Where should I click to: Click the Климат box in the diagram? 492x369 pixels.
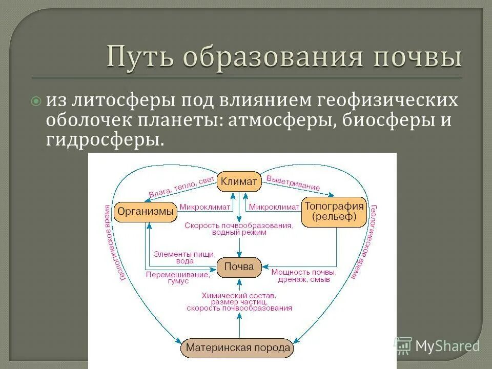(x=239, y=181)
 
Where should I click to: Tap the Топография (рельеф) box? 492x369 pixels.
(x=334, y=212)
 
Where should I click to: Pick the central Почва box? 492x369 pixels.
(x=239, y=266)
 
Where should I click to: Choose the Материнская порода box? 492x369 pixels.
(x=238, y=348)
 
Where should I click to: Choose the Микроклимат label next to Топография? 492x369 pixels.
(x=274, y=207)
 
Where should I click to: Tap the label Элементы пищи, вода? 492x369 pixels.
(x=184, y=257)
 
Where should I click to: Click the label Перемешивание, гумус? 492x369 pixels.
(x=177, y=278)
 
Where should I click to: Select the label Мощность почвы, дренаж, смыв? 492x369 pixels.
(x=303, y=276)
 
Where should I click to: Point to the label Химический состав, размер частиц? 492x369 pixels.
(x=239, y=299)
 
